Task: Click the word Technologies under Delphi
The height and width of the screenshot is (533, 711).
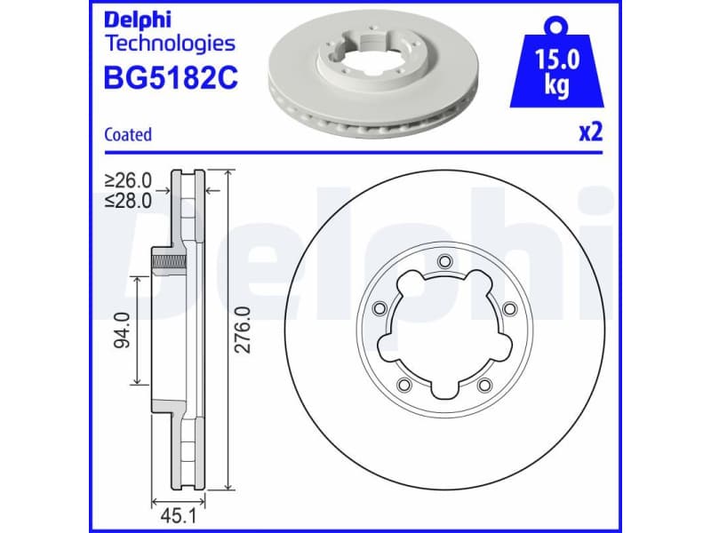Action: [x=170, y=43]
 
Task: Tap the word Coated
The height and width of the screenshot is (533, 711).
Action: [x=128, y=135]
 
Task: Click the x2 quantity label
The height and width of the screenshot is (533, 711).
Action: [x=590, y=132]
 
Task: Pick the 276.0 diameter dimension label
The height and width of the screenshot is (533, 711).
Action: [x=243, y=330]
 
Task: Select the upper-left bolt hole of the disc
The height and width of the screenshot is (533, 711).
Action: [x=379, y=308]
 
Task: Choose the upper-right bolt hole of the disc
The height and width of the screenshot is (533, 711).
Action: [x=509, y=308]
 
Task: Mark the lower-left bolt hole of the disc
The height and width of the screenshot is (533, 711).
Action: [x=403, y=385]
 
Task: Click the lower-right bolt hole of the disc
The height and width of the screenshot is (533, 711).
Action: [x=484, y=385]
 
